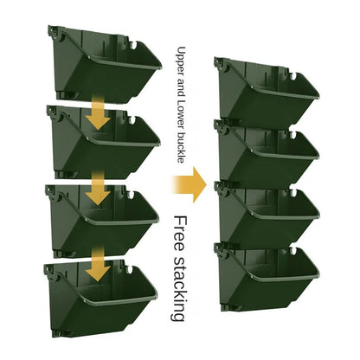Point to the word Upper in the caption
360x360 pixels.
tap(181, 58)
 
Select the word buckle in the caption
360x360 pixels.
tap(181, 147)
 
